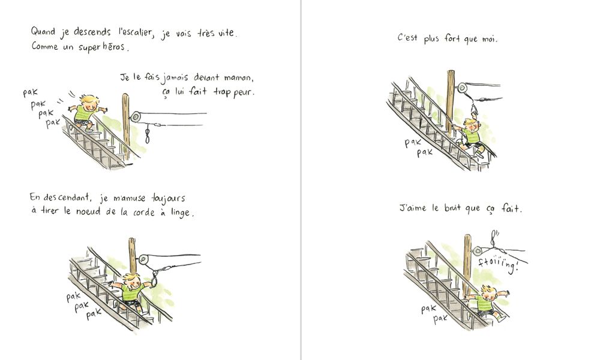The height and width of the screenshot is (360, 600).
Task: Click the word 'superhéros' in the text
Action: coord(102,47)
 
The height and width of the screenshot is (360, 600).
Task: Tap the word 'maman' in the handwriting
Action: coord(238,77)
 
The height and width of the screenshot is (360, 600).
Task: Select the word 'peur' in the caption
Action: coord(244,92)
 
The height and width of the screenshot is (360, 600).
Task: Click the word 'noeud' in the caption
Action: coord(88,212)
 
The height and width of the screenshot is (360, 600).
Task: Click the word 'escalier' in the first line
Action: coord(134,33)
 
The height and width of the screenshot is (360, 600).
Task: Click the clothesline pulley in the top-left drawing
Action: coord(136,116)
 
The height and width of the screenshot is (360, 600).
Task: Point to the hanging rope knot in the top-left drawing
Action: coord(148,136)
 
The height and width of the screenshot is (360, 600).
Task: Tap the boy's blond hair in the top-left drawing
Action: coord(89,100)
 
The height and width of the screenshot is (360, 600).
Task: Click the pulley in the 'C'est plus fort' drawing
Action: coord(462,88)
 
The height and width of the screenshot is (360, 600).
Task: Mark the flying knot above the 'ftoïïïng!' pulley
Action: coord(494,239)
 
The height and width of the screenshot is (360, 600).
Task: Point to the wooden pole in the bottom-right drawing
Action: coord(467,264)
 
